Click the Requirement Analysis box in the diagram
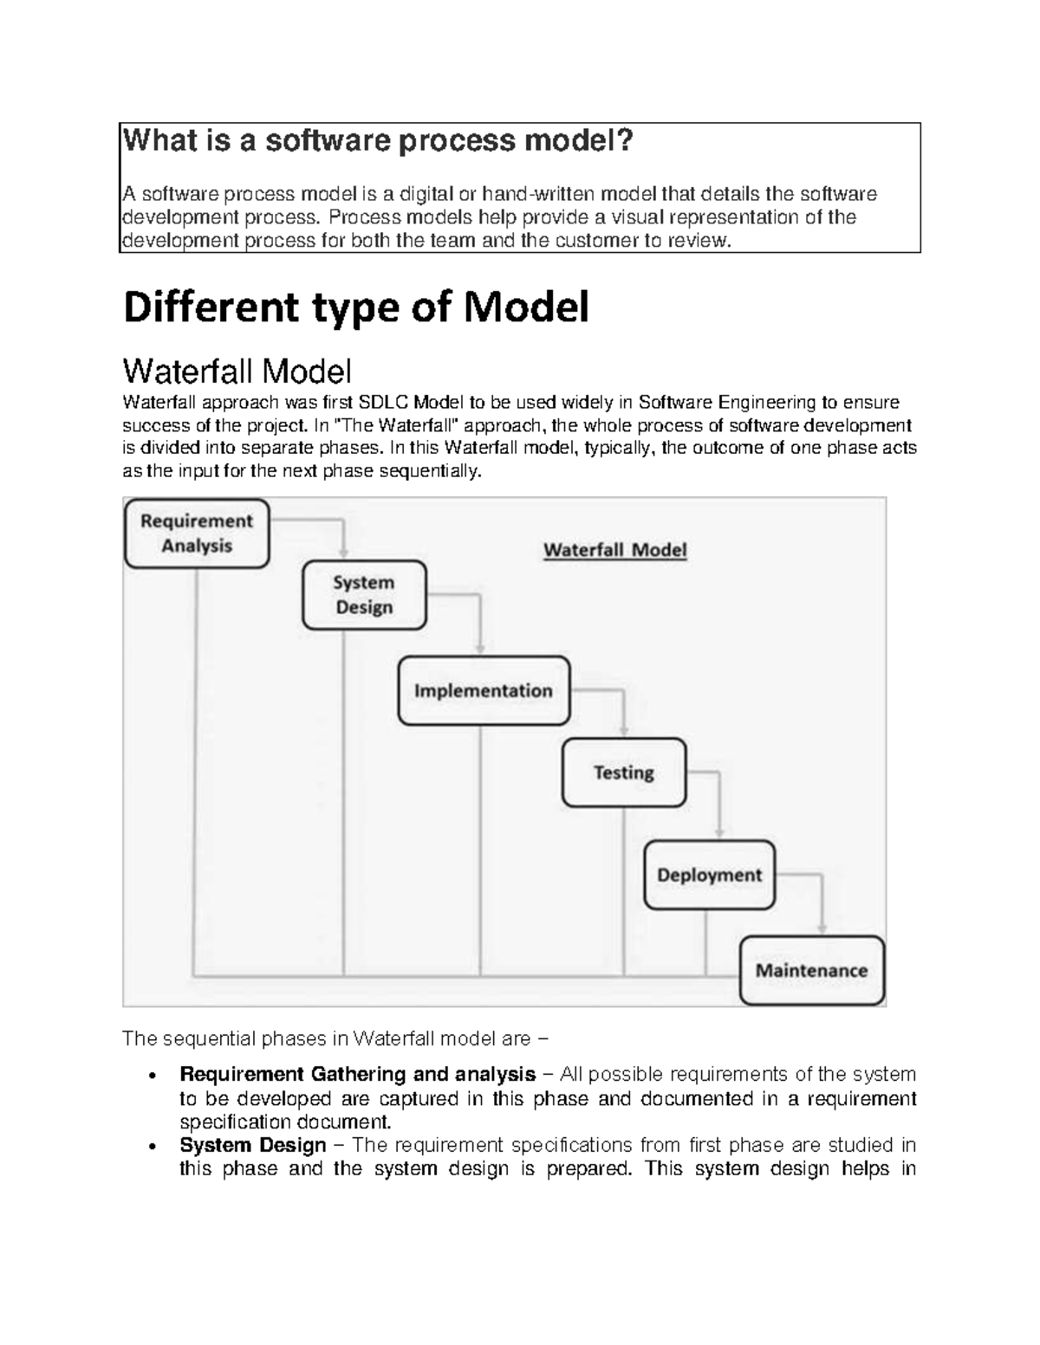(197, 533)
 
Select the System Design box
(364, 595)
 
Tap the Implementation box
(484, 691)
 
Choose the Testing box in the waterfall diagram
(623, 773)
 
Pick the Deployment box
(709, 875)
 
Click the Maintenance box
(811, 971)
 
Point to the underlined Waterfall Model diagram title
(614, 550)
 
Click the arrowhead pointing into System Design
(344, 552)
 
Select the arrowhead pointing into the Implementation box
(479, 648)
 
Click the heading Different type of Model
(356, 307)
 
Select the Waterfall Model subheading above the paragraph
(237, 372)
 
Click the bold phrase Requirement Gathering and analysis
(357, 1075)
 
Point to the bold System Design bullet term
(252, 1145)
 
